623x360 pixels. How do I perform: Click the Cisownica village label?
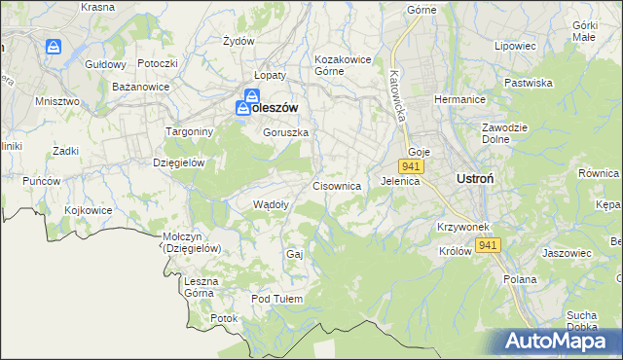coord(337,185)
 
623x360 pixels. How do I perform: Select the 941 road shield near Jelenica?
coord(411,167)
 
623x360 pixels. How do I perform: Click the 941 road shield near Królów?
coord(489,245)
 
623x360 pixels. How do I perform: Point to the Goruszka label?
coord(285,132)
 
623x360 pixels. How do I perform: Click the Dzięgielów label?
coord(178,162)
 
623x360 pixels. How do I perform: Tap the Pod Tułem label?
coord(277,299)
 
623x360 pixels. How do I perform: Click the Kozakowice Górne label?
coord(343,65)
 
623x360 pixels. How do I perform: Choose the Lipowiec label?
coord(516,46)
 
